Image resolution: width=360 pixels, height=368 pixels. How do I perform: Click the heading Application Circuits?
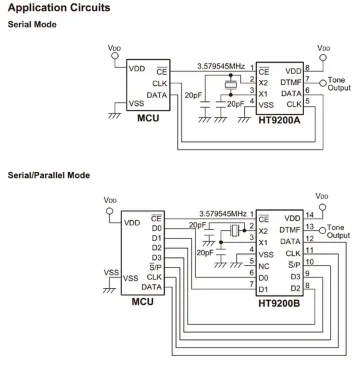59,9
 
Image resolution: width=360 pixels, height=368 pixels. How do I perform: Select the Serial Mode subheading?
31,25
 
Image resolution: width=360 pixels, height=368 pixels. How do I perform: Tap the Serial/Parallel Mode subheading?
49,175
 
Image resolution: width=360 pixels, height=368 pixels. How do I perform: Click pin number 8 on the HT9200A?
307,67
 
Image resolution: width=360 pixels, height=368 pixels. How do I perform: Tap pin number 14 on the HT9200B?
309,215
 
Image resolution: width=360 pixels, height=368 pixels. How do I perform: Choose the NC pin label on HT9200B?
265,265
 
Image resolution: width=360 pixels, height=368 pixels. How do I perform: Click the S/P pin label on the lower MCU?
156,268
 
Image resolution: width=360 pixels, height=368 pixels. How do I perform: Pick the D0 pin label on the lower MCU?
157,228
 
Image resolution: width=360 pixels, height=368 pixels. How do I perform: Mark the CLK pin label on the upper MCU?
160,83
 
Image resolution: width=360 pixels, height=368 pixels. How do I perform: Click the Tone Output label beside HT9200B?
339,232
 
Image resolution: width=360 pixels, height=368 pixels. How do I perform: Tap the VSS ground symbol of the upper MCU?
114,115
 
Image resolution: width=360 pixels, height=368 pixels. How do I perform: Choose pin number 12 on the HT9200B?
309,239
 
